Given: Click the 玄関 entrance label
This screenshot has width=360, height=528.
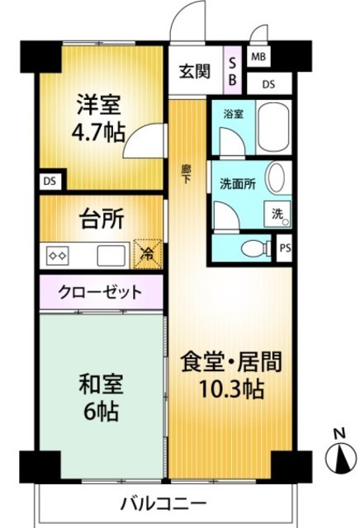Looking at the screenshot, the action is coord(195,72).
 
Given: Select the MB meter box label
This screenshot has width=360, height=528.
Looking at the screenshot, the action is coord(258,57).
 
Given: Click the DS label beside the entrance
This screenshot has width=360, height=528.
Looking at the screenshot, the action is coord(268,84).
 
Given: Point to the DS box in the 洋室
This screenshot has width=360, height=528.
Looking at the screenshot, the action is coord(50,181).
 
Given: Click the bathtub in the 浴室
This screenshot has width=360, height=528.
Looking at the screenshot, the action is coord(273,128).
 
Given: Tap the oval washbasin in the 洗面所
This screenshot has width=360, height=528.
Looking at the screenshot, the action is coord(276,177).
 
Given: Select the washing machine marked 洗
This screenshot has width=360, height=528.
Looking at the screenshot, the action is coord(277,214).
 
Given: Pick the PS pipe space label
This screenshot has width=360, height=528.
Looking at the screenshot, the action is coord(285,248).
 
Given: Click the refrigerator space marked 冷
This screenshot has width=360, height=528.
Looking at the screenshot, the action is coord(148,253).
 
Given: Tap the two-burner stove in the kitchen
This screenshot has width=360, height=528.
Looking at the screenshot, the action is coord(58,256).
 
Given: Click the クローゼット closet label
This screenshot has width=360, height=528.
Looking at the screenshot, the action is coord(100,291).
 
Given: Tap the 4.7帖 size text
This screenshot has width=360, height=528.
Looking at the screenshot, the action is coord(98,132).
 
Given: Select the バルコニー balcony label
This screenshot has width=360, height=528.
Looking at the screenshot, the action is coord(163,504).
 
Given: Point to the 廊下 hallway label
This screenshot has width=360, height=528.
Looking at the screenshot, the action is coord(186,174).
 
